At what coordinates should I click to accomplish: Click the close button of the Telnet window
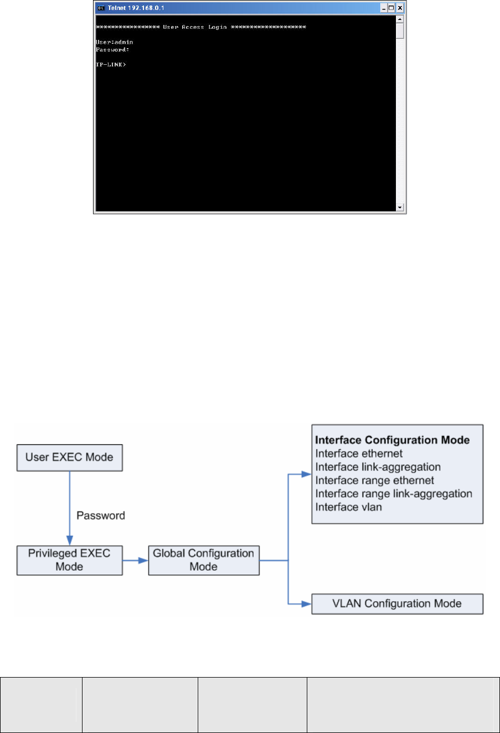[400, 8]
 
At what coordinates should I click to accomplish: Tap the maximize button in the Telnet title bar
[391, 8]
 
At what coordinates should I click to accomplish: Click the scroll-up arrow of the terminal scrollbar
[400, 19]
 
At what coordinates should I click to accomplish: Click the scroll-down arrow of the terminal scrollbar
[400, 207]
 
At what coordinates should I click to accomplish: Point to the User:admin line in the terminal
[115, 42]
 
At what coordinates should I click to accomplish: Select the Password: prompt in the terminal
[112, 50]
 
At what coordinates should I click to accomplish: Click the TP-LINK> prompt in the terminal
[111, 65]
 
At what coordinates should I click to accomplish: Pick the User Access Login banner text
[195, 27]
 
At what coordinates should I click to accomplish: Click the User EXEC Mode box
[69, 458]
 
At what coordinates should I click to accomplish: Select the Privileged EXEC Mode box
[69, 560]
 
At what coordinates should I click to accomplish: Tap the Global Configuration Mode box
[203, 560]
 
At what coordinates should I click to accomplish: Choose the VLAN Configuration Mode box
[397, 604]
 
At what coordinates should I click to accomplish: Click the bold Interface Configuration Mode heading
[392, 440]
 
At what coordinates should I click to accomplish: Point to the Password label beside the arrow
[101, 516]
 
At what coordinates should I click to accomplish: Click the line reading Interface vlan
[348, 507]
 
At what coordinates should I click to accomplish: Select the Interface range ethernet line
[374, 480]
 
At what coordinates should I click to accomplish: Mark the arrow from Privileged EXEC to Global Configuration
[135, 560]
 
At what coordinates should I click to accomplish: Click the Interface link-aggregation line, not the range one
[378, 467]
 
